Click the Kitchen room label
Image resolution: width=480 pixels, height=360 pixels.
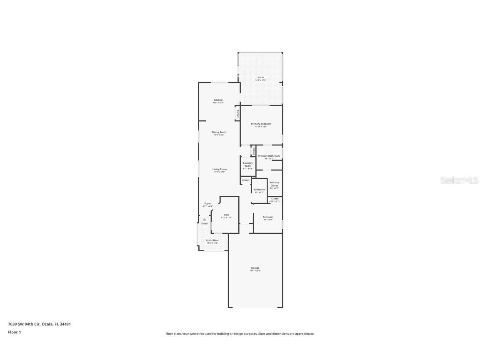click(218, 100)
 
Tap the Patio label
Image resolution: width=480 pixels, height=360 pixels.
click(260, 77)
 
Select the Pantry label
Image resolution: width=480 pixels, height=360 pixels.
click(238, 113)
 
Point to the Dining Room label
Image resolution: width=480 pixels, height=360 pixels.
click(219, 132)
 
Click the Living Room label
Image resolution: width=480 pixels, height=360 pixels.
click(219, 169)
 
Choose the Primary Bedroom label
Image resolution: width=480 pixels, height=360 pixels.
click(261, 124)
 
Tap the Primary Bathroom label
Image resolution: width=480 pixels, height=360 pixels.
click(269, 156)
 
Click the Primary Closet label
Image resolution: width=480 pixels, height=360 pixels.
click(274, 184)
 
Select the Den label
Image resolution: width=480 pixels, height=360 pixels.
click(226, 215)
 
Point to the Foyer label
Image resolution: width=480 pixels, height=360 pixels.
click(207, 203)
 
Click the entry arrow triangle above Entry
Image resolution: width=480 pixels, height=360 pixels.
click(204, 219)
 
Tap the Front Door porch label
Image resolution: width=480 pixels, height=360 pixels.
click(212, 240)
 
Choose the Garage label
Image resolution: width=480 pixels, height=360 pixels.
click(255, 268)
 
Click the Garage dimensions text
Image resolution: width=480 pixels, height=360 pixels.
click(255, 271)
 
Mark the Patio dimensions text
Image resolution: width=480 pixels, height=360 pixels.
click(260, 80)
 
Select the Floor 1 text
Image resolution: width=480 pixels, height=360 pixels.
click(14, 332)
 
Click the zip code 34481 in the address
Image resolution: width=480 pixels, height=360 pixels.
click(65, 324)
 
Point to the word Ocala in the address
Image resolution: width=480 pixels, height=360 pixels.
click(47, 324)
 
